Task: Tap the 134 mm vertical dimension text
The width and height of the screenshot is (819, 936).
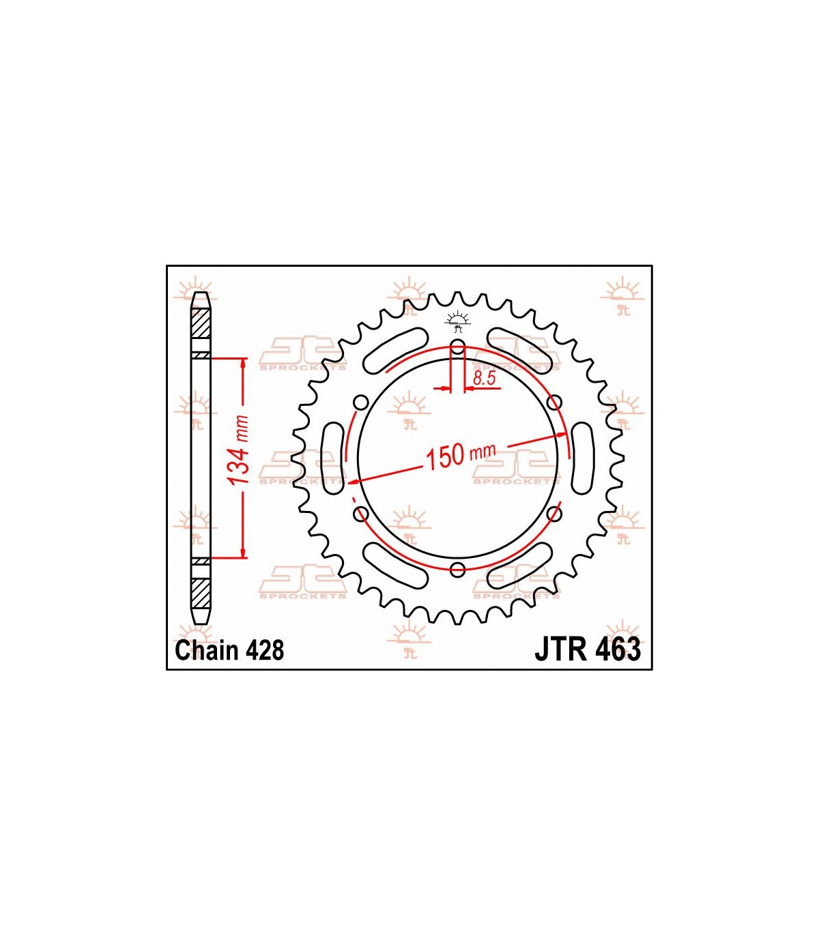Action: [x=239, y=450]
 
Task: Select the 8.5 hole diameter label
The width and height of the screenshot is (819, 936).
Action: [x=485, y=379]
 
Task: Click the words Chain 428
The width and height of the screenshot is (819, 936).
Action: [x=229, y=650]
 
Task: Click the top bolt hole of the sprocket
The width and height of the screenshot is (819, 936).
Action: [x=457, y=346]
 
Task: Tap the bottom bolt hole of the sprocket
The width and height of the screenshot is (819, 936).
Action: [x=457, y=570]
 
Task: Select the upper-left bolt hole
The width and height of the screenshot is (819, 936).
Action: [x=360, y=402]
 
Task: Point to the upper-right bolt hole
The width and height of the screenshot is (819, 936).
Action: [x=555, y=402]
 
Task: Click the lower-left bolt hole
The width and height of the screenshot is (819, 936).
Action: [x=360, y=514]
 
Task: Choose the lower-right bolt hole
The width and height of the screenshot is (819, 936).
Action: [x=555, y=514]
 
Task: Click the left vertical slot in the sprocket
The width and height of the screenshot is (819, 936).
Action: [x=334, y=458]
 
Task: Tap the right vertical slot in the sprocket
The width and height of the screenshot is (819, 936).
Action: [x=582, y=458]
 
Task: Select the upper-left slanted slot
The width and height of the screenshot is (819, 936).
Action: [x=396, y=351]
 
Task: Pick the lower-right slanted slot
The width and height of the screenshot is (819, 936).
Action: [x=520, y=566]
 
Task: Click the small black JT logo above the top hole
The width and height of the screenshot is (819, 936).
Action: [x=457, y=322]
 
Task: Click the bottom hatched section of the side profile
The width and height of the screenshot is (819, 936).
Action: [x=201, y=594]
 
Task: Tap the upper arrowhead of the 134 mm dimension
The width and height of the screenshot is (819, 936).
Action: [x=244, y=364]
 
